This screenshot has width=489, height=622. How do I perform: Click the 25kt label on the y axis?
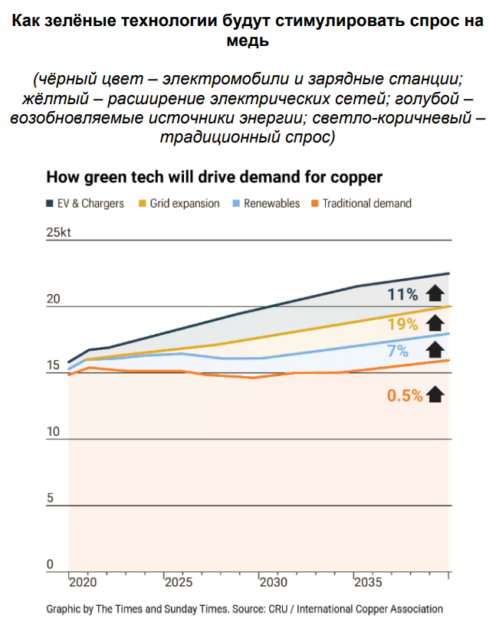pyautogui.click(x=57, y=233)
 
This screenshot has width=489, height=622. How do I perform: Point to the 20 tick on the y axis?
pyautogui.click(x=53, y=299)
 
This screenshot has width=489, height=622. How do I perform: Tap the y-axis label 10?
pyautogui.click(x=52, y=432)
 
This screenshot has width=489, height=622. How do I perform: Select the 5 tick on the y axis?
pyautogui.click(x=50, y=499)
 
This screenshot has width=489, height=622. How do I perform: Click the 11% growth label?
pyautogui.click(x=402, y=294)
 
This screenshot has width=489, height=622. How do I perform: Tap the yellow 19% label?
pyautogui.click(x=402, y=324)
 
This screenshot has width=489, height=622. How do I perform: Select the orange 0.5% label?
pyautogui.click(x=404, y=395)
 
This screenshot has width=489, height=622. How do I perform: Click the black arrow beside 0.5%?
pyautogui.click(x=435, y=394)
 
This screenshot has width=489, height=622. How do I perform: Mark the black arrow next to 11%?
pyautogui.click(x=435, y=293)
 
